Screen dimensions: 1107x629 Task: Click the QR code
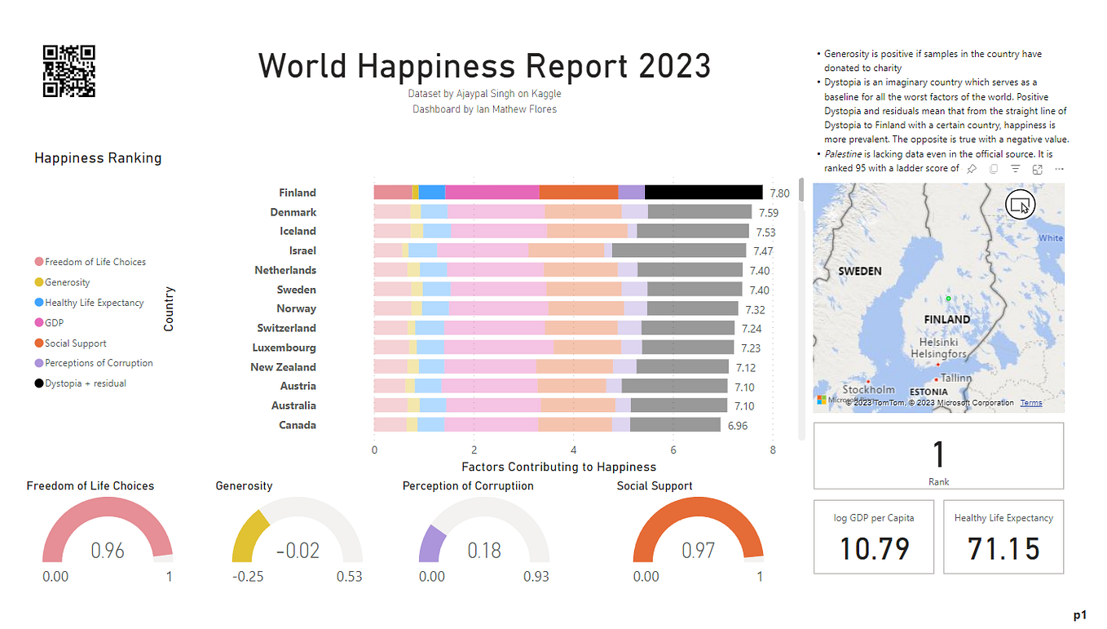pos(69,71)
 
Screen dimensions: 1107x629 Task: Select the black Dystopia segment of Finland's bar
pos(703,193)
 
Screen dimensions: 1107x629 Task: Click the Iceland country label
pos(298,232)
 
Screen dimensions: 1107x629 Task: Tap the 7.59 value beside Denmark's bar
pos(769,213)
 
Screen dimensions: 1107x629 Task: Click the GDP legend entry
pos(49,323)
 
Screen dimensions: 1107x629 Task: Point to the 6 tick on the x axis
pos(673,450)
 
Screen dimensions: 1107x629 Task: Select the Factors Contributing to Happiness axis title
pos(559,467)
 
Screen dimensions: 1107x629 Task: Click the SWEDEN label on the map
pos(860,272)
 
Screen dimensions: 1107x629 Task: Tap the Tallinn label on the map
pos(955,379)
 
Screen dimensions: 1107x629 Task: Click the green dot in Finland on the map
pos(948,299)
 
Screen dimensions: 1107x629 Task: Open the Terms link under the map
pos(1031,403)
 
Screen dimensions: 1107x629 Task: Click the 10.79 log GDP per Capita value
pos(874,549)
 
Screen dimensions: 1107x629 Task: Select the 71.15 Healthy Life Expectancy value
pos(1003,549)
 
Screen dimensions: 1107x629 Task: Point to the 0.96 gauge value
pos(108,551)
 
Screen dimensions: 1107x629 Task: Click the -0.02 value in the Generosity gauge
pos(298,551)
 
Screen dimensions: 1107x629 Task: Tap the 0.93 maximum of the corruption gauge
pos(536,577)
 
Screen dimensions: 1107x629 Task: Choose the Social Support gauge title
pos(655,486)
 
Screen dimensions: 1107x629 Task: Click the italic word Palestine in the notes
pos(843,154)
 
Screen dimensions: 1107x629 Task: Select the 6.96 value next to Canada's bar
pos(738,426)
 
